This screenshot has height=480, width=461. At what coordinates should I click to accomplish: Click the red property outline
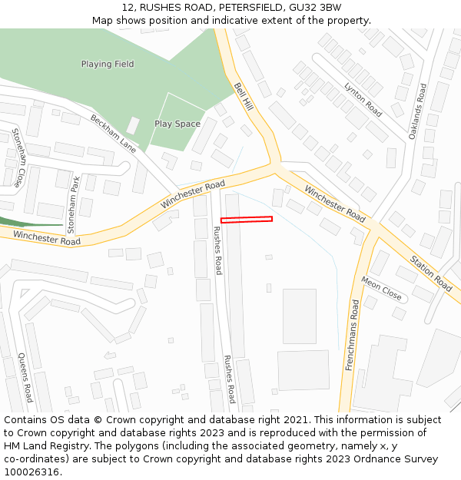pyautogui.click(x=247, y=220)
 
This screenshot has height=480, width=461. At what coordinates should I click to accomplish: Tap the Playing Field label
pyautogui.click(x=108, y=64)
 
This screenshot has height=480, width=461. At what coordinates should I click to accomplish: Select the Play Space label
pyautogui.click(x=177, y=124)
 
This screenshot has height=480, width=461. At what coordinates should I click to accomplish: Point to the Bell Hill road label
pyautogui.click(x=244, y=97)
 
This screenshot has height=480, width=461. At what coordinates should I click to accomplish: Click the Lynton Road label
pyautogui.click(x=363, y=99)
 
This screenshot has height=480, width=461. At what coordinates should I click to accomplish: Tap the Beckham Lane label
pyautogui.click(x=113, y=134)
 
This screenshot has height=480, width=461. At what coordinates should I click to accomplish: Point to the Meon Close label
pyautogui.click(x=381, y=289)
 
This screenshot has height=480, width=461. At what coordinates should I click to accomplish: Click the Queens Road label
pyautogui.click(x=25, y=378)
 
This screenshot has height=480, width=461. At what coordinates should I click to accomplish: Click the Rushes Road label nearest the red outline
pyautogui.click(x=217, y=250)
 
